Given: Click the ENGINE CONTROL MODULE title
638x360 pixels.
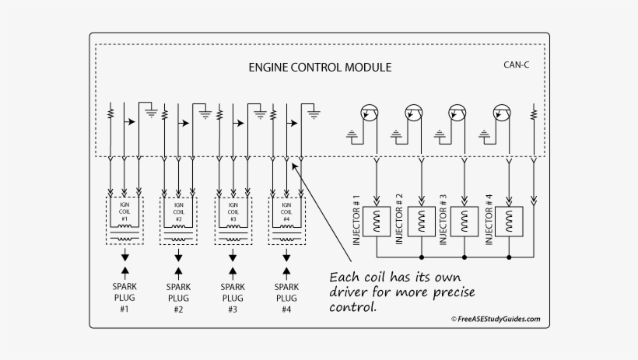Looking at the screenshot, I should tap(320, 67).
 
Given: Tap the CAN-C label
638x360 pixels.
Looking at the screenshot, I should tap(517, 64).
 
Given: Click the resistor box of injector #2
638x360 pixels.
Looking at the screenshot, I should tap(421, 221).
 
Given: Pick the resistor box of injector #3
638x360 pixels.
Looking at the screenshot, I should tap(464, 221).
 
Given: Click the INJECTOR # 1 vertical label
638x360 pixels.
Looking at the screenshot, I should tap(357, 219).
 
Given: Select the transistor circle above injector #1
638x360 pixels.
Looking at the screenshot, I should tap(369, 114).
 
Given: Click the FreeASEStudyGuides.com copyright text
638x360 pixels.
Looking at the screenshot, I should tap(495, 319).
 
